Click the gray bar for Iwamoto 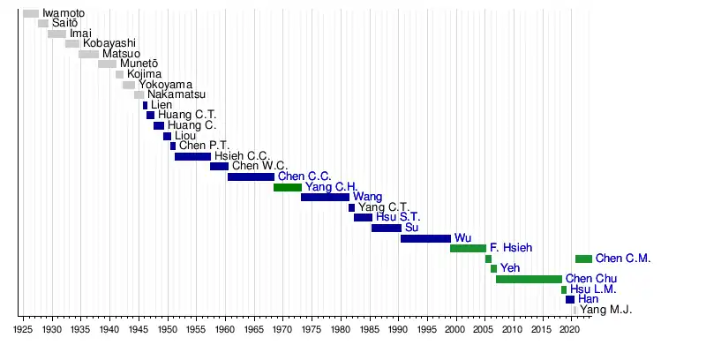pyautogui.click(x=31, y=13)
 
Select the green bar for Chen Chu pyautogui.click(x=529, y=279)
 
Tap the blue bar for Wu pyautogui.click(x=425, y=238)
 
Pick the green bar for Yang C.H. pyautogui.click(x=288, y=187)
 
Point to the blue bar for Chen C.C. pyautogui.click(x=251, y=176)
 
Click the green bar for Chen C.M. pyautogui.click(x=583, y=259)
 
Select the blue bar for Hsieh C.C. pyautogui.click(x=192, y=156)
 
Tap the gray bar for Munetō pyautogui.click(x=107, y=64)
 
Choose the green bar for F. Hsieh pyautogui.click(x=468, y=248)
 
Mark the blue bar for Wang pyautogui.click(x=325, y=197)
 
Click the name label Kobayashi pyautogui.click(x=109, y=43)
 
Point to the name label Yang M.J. pyautogui.click(x=606, y=310)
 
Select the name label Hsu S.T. pyautogui.click(x=398, y=217)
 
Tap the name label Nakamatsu pyautogui.click(x=176, y=94)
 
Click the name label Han pyautogui.click(x=588, y=299)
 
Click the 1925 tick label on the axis pyautogui.click(x=23, y=328)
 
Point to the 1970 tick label pyautogui.click(x=282, y=328)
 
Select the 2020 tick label pyautogui.click(x=570, y=328)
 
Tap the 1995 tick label pyautogui.click(x=426, y=328)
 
